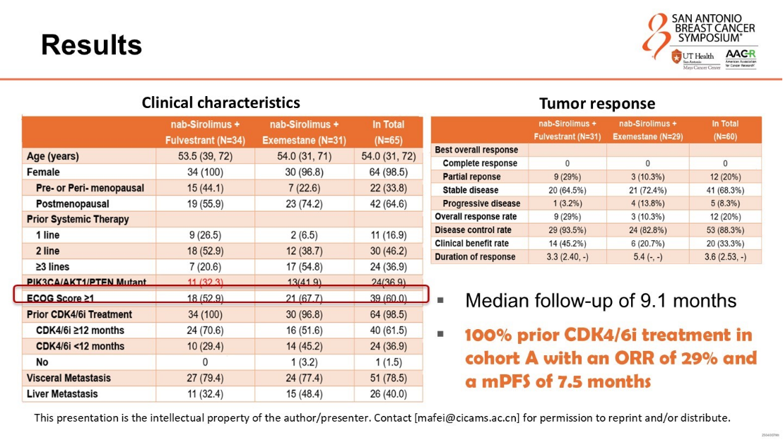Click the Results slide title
click(91, 45)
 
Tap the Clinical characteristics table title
click(220, 102)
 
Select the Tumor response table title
click(596, 104)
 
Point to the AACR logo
click(741, 56)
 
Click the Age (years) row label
click(53, 156)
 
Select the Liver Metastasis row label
click(62, 393)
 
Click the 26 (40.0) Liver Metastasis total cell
click(388, 393)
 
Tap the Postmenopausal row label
click(69, 203)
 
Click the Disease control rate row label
click(473, 230)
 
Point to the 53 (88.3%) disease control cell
click(725, 230)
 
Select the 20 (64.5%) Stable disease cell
click(567, 190)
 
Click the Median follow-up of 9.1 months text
click(601, 301)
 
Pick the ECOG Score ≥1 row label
click(61, 299)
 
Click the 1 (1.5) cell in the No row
click(388, 362)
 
